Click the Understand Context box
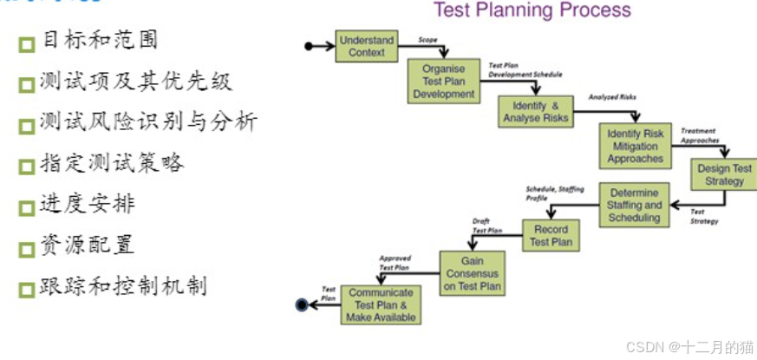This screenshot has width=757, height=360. click(x=366, y=46)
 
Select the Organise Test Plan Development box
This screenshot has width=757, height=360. click(x=443, y=82)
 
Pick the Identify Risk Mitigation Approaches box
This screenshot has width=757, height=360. click(x=635, y=147)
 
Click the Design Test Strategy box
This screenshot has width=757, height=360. click(x=724, y=175)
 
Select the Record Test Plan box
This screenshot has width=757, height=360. click(x=551, y=235)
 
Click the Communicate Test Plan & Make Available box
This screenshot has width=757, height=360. click(x=381, y=304)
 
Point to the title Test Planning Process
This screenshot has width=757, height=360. click(x=532, y=10)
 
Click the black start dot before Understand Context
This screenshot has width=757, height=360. click(x=309, y=46)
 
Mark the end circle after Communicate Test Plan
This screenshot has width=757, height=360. click(x=302, y=304)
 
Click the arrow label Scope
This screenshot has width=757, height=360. click(x=427, y=40)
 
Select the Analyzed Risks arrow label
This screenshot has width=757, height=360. click(x=612, y=96)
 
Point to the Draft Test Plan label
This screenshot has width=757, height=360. click(x=486, y=226)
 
